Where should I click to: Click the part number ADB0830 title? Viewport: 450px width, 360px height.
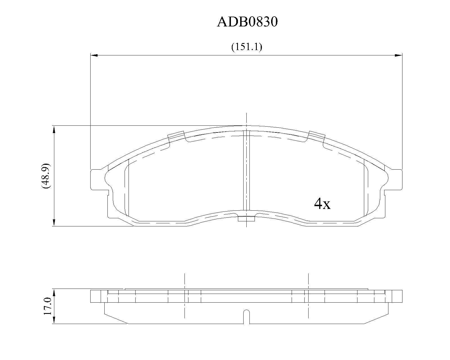click(247, 22)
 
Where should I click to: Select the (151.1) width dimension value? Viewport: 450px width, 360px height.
click(247, 47)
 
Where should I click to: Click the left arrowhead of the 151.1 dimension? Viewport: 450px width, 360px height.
click(94, 55)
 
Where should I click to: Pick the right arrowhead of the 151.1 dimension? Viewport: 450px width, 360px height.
click(398, 55)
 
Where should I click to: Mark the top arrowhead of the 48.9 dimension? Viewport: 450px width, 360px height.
click(54, 129)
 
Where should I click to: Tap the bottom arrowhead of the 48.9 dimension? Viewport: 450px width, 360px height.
click(54, 222)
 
